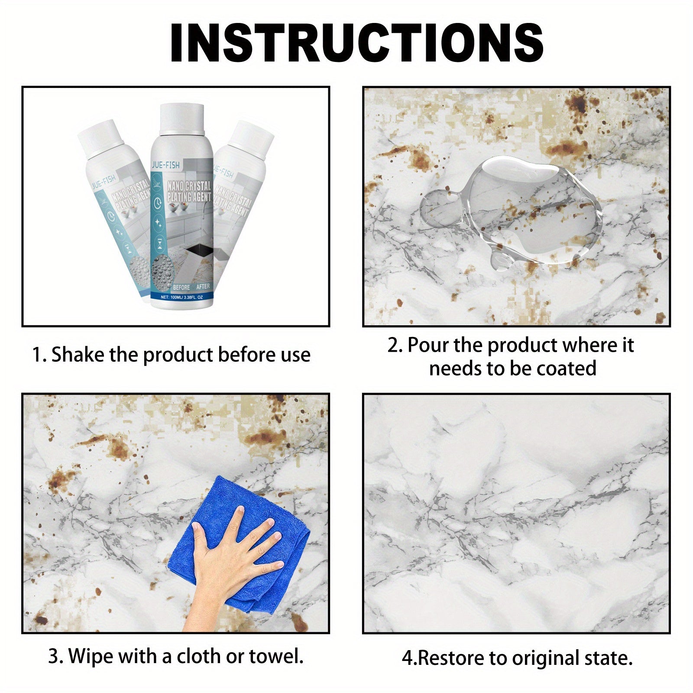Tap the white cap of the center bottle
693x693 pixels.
[182, 118]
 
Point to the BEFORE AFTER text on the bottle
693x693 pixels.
[191, 287]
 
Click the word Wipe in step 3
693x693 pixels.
[91, 656]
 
